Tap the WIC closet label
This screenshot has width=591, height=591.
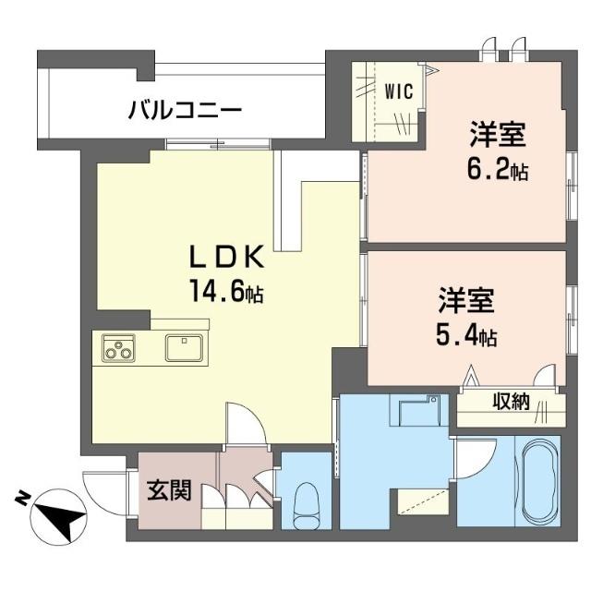point(399,90)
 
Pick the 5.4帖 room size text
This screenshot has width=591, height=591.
point(467,336)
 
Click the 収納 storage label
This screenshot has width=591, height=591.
point(509,401)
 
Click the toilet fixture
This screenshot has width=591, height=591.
point(304,504)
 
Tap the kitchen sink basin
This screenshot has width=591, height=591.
point(185,348)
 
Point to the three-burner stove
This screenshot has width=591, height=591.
point(118,348)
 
